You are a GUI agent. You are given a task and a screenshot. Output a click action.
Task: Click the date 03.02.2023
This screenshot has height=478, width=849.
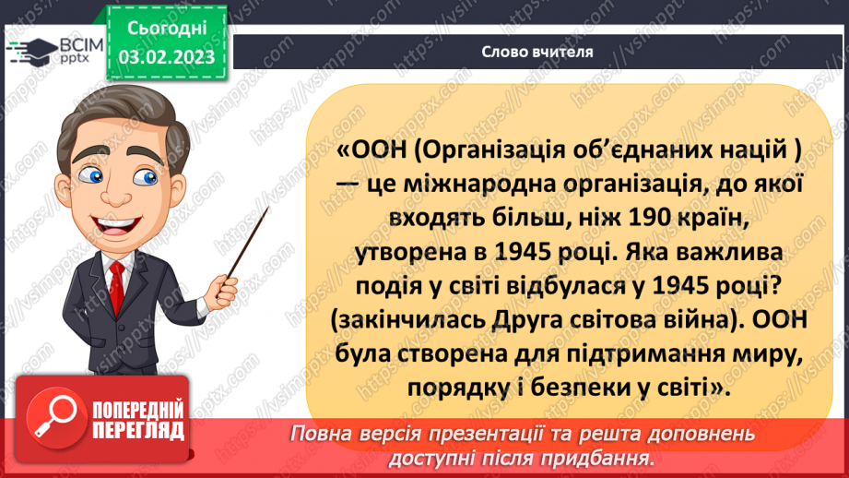[167, 57]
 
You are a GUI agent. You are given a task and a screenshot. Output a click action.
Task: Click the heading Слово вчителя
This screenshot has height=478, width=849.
[536, 52]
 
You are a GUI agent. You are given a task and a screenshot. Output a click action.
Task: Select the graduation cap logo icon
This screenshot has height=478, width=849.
[34, 50]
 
